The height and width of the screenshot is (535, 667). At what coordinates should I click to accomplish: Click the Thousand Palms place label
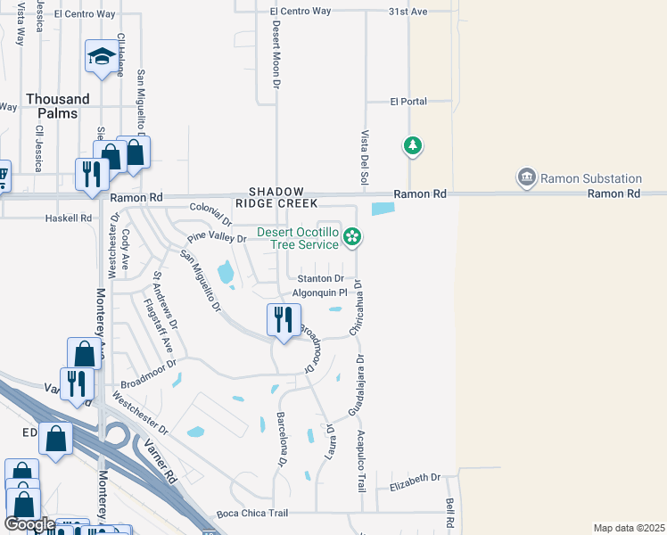(x=58, y=106)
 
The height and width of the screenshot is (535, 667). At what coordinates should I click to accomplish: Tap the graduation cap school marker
(x=101, y=57)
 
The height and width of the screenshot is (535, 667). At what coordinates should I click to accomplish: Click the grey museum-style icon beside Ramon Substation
(x=527, y=177)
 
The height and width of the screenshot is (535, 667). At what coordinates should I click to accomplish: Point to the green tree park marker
(x=412, y=145)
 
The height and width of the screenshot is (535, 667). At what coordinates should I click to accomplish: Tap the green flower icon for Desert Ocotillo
(x=352, y=236)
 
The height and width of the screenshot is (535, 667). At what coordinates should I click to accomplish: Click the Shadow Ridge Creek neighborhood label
(x=283, y=197)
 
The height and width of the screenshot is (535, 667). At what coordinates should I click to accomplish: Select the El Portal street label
(x=408, y=102)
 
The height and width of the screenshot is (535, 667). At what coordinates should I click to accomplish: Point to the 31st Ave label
(x=408, y=11)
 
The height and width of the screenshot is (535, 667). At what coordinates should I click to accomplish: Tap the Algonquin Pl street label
(x=319, y=292)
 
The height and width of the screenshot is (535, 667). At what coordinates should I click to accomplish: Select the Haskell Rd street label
(x=69, y=218)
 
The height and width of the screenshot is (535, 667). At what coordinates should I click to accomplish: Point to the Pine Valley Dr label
(x=217, y=238)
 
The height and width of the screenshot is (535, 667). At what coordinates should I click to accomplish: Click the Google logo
(x=29, y=524)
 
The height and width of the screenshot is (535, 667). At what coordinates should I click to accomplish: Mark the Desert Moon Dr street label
(x=277, y=55)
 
